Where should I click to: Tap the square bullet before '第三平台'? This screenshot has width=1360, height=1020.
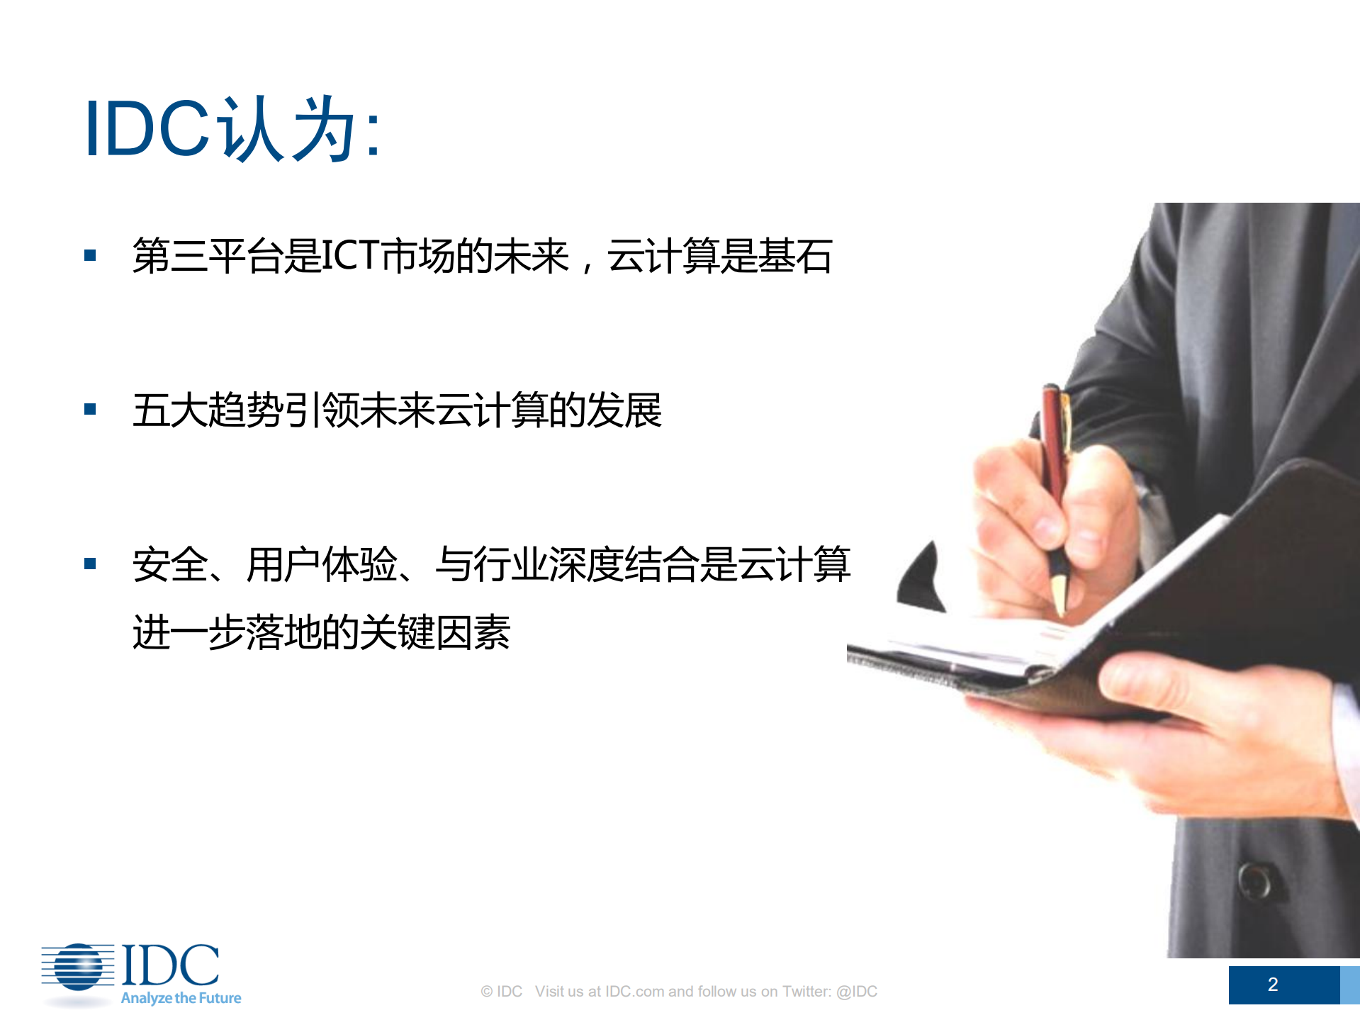pos(90,255)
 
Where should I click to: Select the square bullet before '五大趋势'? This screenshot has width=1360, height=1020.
pos(90,409)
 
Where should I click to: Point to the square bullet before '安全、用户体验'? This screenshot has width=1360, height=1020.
pos(90,564)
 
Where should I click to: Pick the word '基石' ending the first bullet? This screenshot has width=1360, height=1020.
pos(794,256)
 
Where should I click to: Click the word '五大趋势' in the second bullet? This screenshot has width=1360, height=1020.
pos(208,410)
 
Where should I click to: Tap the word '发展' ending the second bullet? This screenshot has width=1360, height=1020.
pos(624,410)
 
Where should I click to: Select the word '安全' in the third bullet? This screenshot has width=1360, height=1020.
pos(171,565)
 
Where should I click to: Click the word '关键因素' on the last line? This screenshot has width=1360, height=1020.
pos(434,632)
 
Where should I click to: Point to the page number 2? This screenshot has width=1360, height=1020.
pos(1272,985)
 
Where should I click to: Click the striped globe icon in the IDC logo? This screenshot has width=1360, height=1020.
pos(78,967)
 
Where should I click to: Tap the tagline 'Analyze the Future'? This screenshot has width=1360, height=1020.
pos(181,998)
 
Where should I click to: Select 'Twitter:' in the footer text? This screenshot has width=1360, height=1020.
pos(807,992)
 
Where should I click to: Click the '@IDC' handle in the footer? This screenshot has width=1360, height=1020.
pos(857,992)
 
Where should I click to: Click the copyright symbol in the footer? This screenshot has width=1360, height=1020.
pos(486,992)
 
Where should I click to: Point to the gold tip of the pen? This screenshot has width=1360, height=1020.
pos(1060,595)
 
